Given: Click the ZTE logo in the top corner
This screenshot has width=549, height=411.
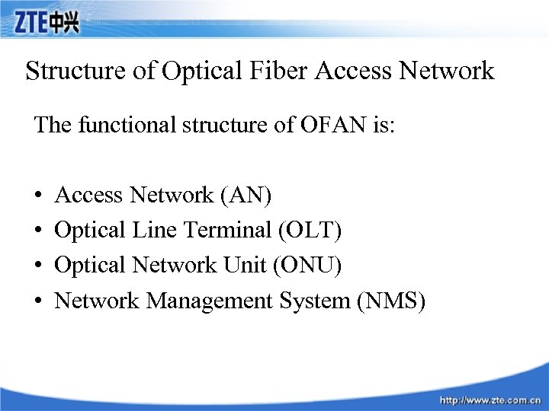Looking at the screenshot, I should click(46, 23).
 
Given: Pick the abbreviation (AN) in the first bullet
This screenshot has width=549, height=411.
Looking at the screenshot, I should click(245, 195).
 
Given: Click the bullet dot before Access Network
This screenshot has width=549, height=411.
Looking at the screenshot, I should click(38, 196).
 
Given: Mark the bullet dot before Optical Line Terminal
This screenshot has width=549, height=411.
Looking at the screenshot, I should click(38, 231).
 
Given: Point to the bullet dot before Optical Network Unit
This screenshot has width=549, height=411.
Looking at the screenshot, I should click(38, 266).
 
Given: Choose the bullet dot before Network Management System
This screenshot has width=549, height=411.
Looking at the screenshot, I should click(38, 301).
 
